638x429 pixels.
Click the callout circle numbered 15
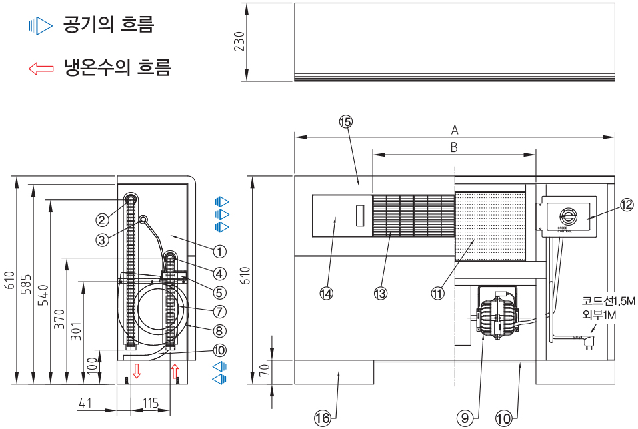tap(345, 121)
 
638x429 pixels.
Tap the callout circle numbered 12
tap(627, 205)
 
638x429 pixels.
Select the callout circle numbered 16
tap(323, 418)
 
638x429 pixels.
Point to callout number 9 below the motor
tap(465, 418)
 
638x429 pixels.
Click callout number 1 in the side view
tap(219, 251)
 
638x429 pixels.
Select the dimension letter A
tap(455, 129)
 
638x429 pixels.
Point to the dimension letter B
tap(453, 147)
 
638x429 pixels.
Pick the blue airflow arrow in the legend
tap(41, 27)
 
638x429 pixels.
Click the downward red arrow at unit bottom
tap(137, 371)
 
